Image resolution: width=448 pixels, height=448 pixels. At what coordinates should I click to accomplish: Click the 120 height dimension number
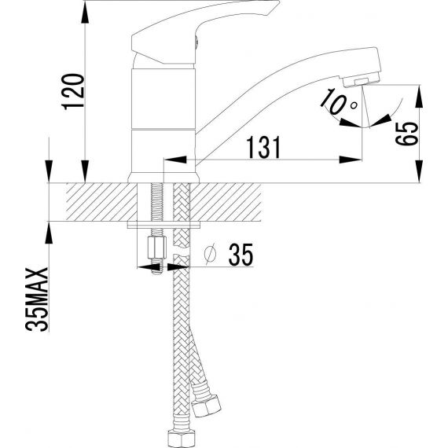pyautogui.click(x=74, y=92)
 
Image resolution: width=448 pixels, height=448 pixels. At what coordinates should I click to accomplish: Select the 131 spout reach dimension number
pyautogui.click(x=264, y=147)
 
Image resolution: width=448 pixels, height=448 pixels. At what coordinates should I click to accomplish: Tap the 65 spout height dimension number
pyautogui.click(x=406, y=134)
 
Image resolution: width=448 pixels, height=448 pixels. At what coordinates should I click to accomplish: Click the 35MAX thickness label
pyautogui.click(x=37, y=299)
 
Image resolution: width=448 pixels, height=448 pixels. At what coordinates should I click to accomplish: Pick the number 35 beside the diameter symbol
pyautogui.click(x=241, y=255)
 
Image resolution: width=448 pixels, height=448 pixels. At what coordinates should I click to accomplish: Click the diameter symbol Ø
pyautogui.click(x=211, y=255)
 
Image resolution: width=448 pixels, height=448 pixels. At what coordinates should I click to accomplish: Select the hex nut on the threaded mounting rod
pyautogui.click(x=157, y=248)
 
